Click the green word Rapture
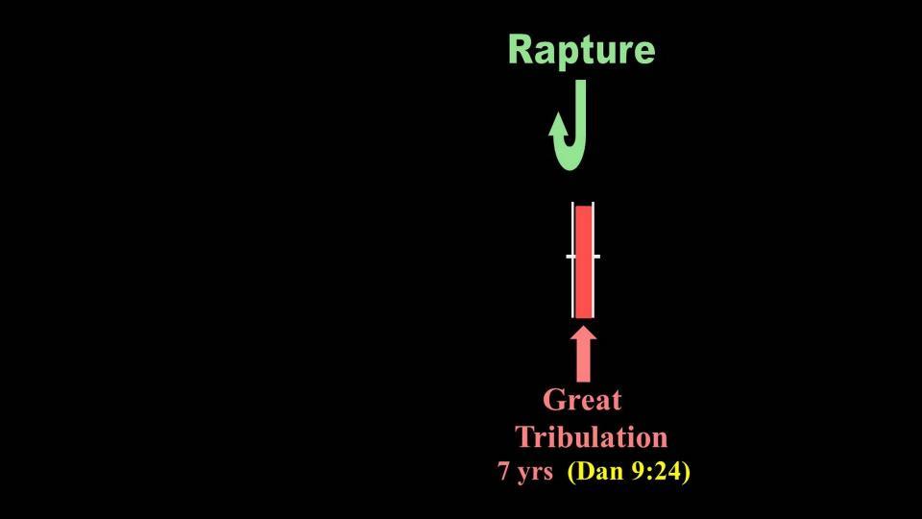coord(582,51)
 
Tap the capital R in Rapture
coord(520,49)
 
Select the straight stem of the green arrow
coord(580,111)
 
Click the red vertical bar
coord(583,261)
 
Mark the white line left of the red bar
coord(572,259)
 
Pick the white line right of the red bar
coord(594,259)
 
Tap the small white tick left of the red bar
coord(570,257)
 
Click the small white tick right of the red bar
coord(596,257)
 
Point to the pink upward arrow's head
coord(583,334)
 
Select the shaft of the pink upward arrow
coord(583,362)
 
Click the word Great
coord(582,400)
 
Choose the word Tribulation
coord(591,437)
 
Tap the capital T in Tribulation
coord(525,437)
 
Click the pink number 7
coord(504,471)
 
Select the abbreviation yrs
coord(534,473)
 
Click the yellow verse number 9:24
coord(654,471)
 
